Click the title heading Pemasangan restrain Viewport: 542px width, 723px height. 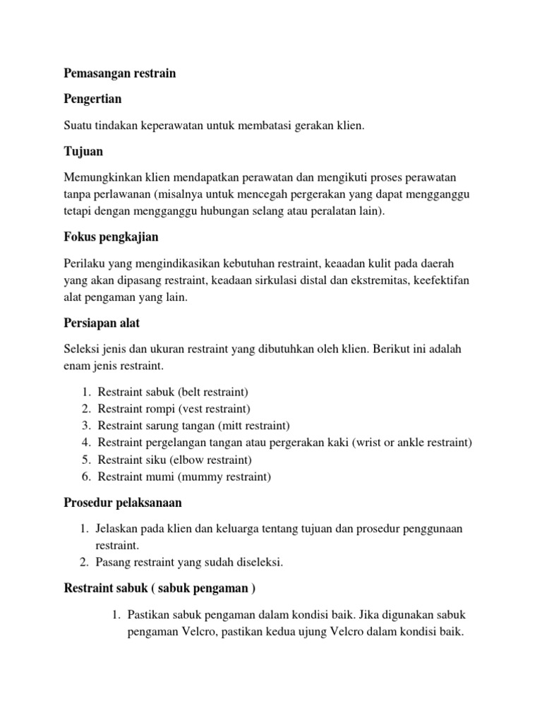click(x=119, y=73)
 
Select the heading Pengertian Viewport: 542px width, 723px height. click(x=92, y=99)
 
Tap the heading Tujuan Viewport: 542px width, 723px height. click(x=83, y=151)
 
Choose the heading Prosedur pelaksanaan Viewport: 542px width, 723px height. click(x=123, y=503)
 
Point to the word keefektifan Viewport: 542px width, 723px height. click(x=437, y=280)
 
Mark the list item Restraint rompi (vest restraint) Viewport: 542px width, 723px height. click(x=174, y=409)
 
